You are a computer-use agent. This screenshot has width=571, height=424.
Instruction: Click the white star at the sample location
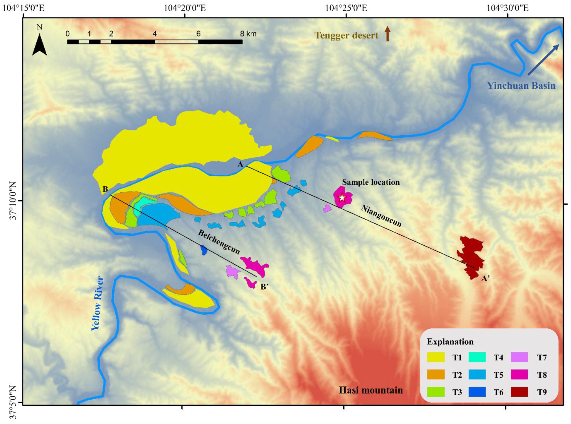[x=342, y=198]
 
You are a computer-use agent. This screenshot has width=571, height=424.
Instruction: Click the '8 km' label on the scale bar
[x=248, y=34]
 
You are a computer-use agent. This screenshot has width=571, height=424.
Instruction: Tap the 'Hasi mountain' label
[x=370, y=390]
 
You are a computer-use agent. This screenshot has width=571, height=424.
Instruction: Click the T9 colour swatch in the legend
[x=519, y=392]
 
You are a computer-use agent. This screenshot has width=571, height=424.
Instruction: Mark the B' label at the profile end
[x=264, y=286]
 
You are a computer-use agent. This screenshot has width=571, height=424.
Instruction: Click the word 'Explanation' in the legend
[x=450, y=342]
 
